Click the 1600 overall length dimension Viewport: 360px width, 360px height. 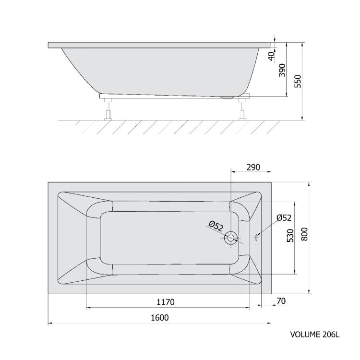pyautogui.click(x=160, y=318)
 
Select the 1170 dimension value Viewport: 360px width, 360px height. pyautogui.click(x=166, y=302)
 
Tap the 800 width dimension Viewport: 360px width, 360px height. pyautogui.click(x=304, y=234)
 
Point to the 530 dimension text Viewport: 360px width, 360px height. pyautogui.click(x=290, y=235)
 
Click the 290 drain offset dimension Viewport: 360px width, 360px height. pyautogui.click(x=253, y=167)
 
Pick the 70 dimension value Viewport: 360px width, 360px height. pyautogui.click(x=281, y=301)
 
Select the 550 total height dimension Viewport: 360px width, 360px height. pyautogui.click(x=298, y=81)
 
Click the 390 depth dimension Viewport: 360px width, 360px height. pyautogui.click(x=282, y=70)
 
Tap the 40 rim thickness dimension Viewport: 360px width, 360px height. pyautogui.click(x=271, y=57)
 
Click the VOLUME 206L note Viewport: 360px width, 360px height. pyautogui.click(x=314, y=334)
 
